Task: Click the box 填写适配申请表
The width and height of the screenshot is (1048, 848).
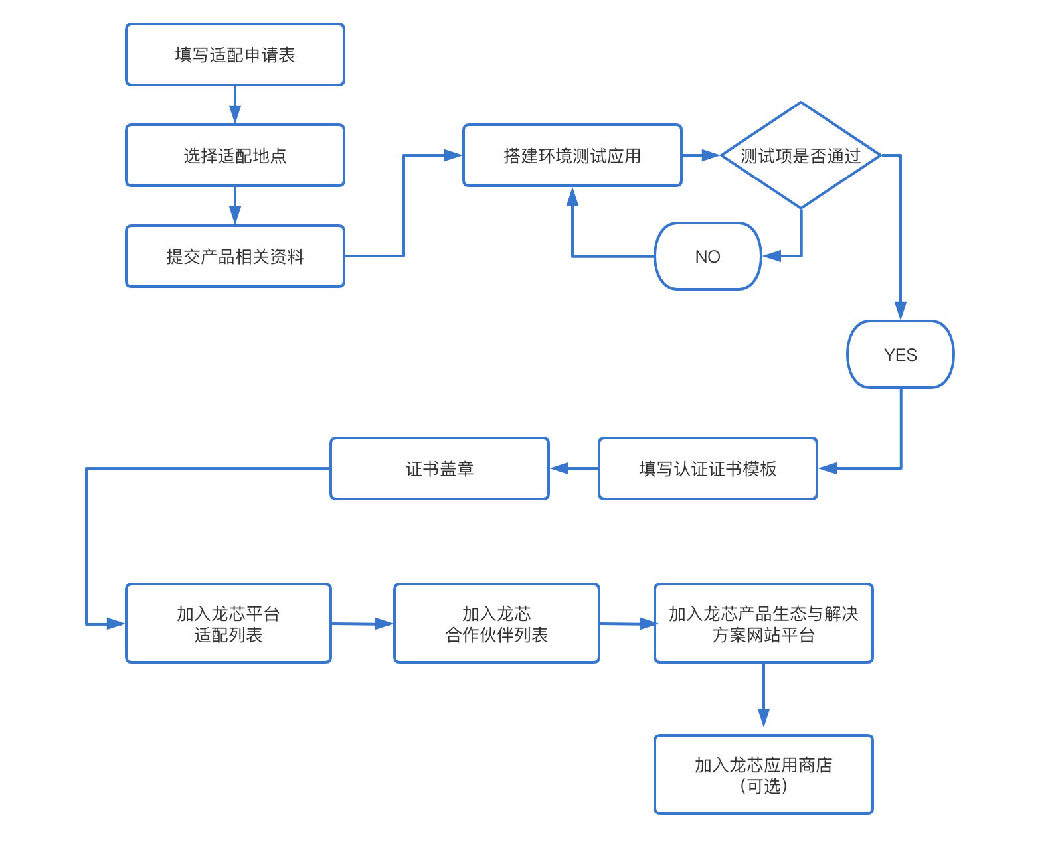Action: tap(235, 54)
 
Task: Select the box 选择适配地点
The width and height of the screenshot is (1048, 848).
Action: tap(235, 155)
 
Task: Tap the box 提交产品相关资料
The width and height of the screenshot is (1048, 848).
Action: tap(235, 256)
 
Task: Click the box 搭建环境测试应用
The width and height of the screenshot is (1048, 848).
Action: tap(572, 155)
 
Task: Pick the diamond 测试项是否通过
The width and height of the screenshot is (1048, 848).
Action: tap(800, 155)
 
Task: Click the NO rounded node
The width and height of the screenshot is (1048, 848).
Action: tap(707, 256)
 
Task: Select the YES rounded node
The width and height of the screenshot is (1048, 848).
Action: tap(900, 354)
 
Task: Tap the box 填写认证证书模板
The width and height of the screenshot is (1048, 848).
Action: tap(707, 468)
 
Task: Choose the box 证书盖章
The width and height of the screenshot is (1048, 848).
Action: tap(439, 468)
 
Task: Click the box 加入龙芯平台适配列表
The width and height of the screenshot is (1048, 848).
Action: tap(228, 623)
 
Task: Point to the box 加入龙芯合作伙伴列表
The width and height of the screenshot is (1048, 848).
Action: tap(496, 623)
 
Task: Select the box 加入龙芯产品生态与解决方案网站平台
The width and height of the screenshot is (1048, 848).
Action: tap(763, 623)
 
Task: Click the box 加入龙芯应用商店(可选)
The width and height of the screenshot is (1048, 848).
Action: tap(763, 774)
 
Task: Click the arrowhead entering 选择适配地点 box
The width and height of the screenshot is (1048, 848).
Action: tap(235, 116)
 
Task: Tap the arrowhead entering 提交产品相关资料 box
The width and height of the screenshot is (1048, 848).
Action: tap(235, 217)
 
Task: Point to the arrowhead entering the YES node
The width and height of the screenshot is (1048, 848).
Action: tap(901, 312)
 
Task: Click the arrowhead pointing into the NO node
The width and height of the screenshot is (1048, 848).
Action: tap(771, 256)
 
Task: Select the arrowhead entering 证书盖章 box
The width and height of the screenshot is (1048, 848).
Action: tap(559, 468)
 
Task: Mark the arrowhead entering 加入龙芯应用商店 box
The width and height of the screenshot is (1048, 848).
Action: tap(764, 719)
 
